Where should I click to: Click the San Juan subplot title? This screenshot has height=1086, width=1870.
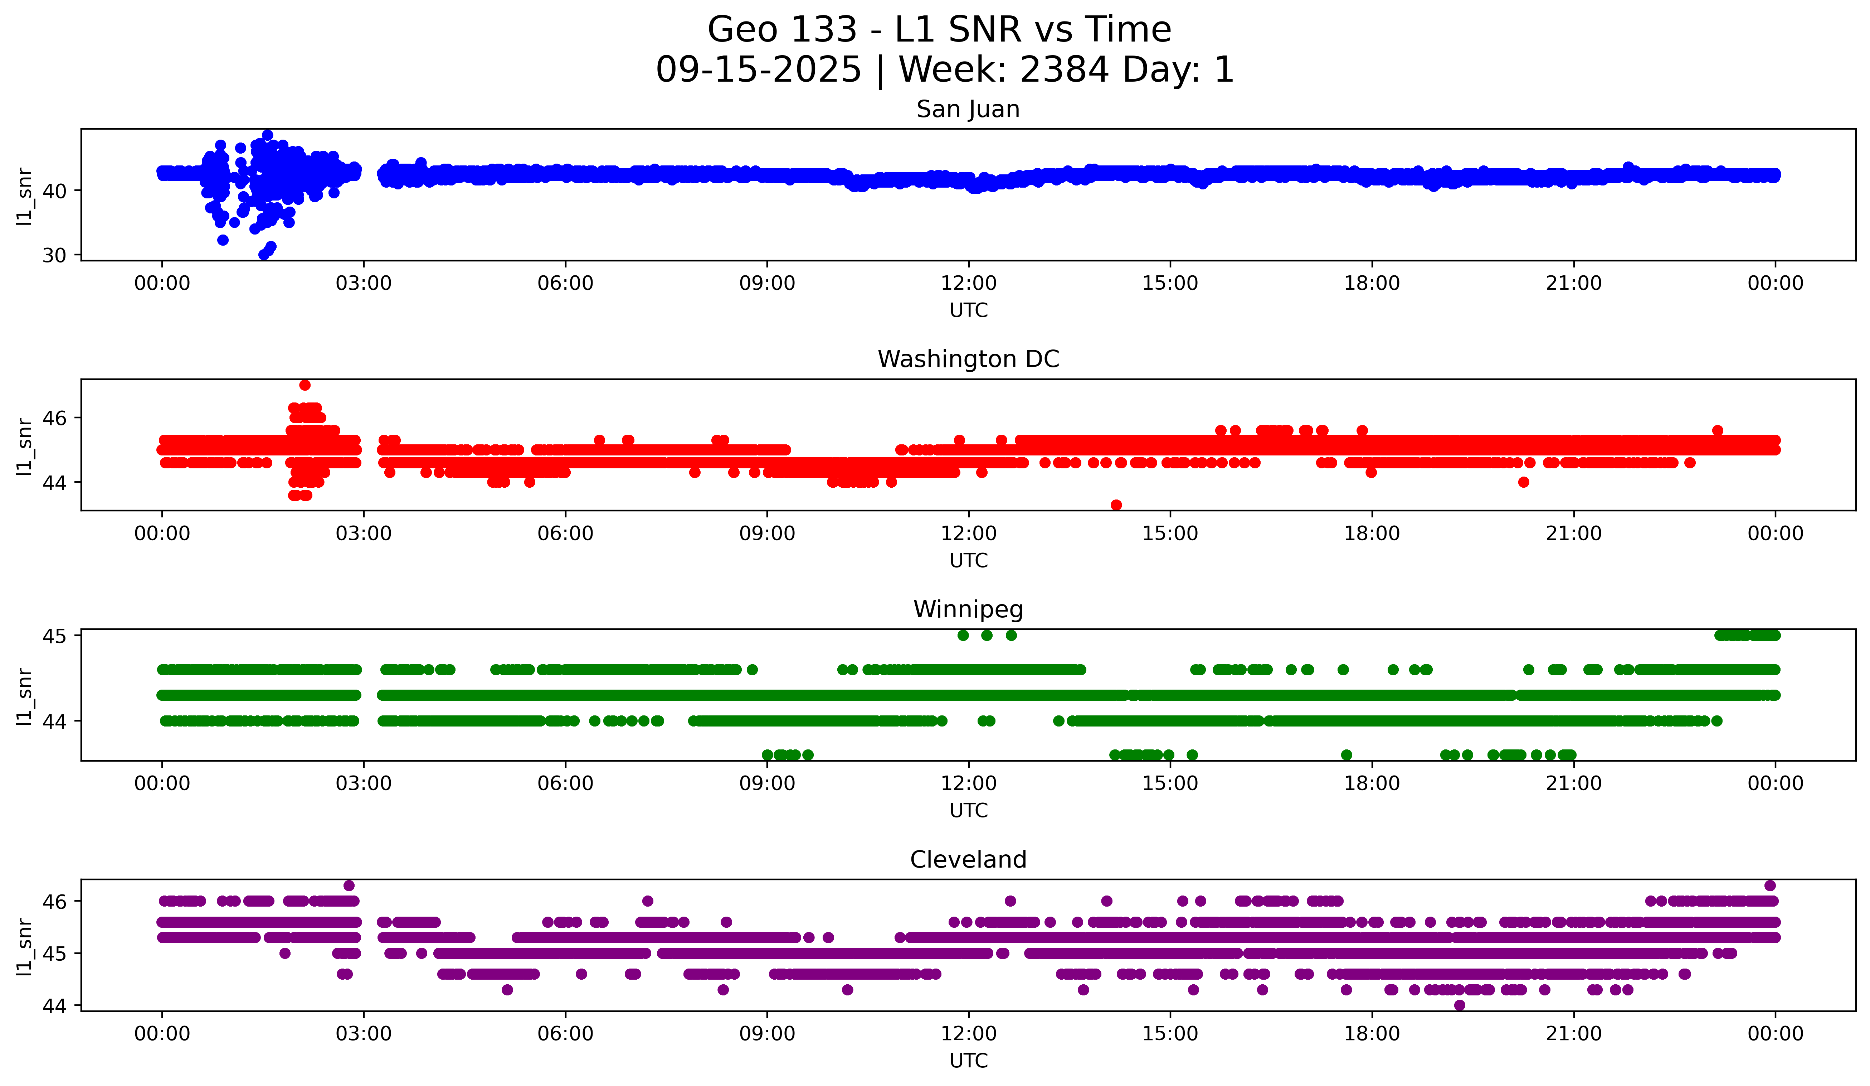(968, 109)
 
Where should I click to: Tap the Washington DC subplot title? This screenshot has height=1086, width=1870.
(968, 359)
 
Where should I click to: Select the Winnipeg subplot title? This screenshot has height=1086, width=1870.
(968, 609)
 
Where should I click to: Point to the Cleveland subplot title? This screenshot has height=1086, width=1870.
(968, 860)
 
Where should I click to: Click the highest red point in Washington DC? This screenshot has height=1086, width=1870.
(305, 385)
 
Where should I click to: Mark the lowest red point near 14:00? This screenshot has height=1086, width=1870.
(1116, 505)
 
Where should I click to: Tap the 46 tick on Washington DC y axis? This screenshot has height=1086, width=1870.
(54, 418)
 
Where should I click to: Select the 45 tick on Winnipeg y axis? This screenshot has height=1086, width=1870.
(54, 636)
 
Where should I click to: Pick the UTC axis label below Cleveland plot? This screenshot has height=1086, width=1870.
(968, 1061)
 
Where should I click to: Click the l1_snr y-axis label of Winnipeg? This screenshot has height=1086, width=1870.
(24, 696)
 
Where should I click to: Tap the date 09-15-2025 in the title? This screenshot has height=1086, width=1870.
(758, 70)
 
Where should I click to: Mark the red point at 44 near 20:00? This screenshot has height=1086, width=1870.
(1524, 482)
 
